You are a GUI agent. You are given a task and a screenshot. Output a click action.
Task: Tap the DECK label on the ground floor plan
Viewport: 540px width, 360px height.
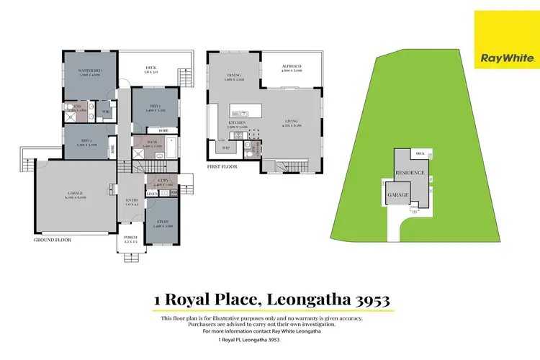[150, 69]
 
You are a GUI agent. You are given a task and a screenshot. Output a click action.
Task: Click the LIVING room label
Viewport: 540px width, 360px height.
[292, 122]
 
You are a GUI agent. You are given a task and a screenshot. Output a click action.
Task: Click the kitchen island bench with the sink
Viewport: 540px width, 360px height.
[248, 112]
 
